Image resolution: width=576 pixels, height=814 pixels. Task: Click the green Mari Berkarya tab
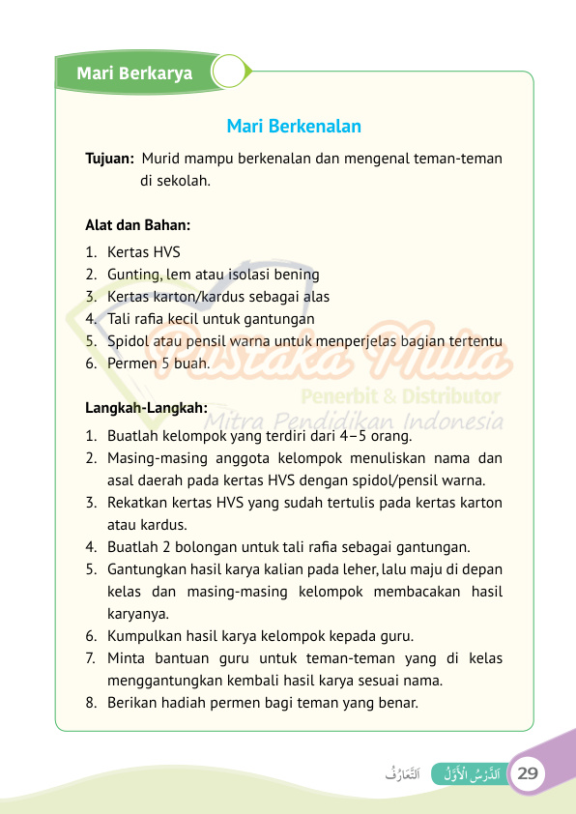pyautogui.click(x=134, y=73)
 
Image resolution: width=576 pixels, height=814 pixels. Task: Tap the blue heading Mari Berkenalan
pyautogui.click(x=294, y=127)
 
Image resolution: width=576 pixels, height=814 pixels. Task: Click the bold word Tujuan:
pyautogui.click(x=109, y=159)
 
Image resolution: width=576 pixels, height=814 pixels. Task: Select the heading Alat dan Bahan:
pyautogui.click(x=138, y=225)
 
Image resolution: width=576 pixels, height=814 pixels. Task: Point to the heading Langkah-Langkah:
pyautogui.click(x=147, y=408)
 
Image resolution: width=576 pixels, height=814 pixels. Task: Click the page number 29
pyautogui.click(x=528, y=773)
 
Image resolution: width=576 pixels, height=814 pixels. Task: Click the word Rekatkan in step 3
pyautogui.click(x=137, y=503)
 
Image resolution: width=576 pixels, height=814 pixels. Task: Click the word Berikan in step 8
pyautogui.click(x=132, y=703)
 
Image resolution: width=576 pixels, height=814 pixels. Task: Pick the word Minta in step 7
pyautogui.click(x=126, y=658)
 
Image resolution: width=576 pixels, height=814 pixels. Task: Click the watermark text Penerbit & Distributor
pyautogui.click(x=400, y=395)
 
